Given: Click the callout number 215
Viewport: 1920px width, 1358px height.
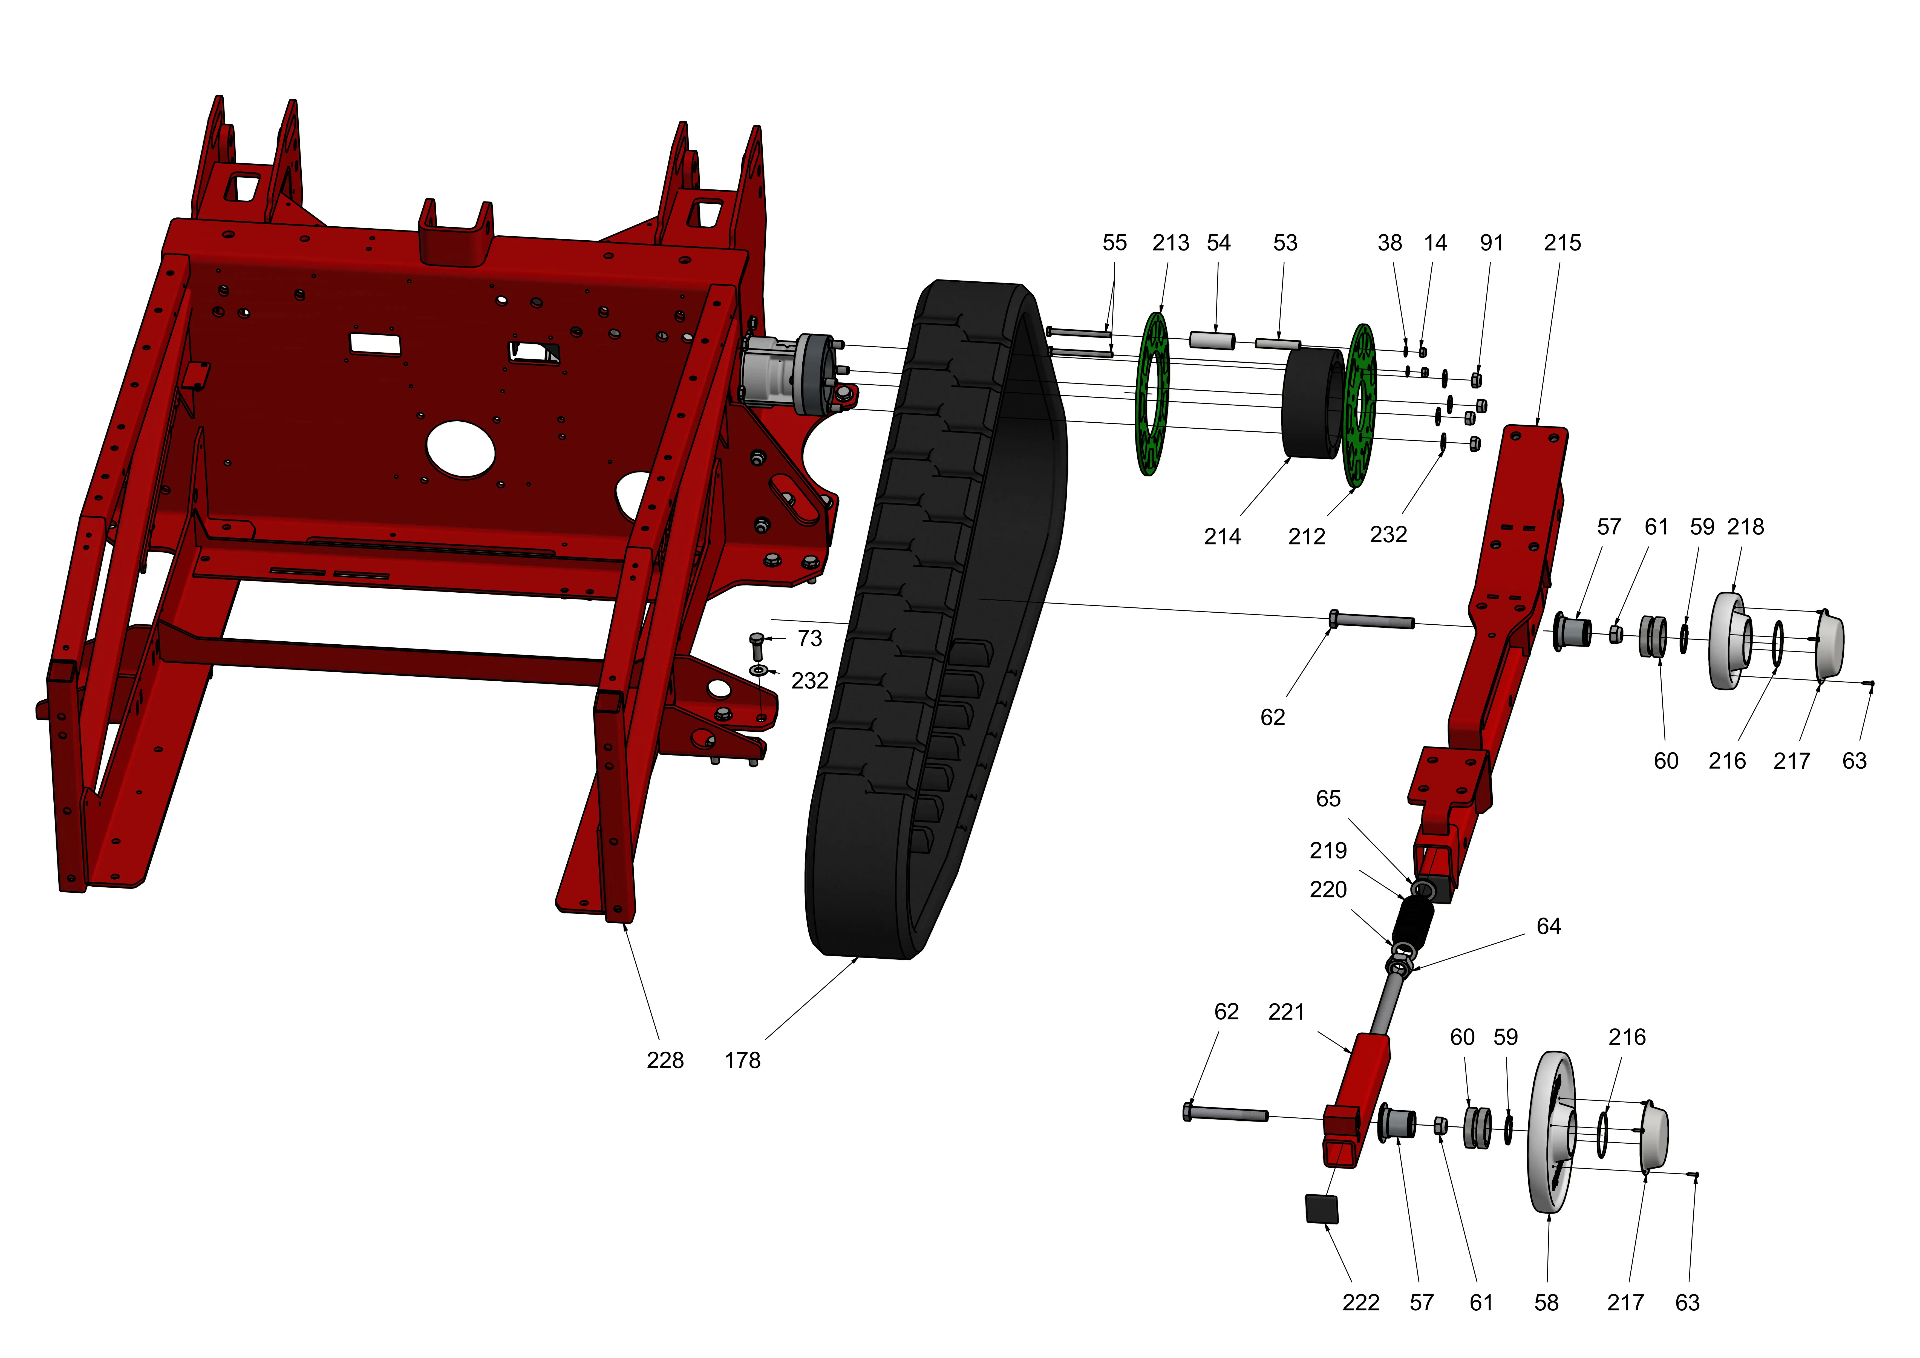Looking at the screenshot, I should (x=1562, y=243).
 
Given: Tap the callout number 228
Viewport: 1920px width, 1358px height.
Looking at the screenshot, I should (x=665, y=1060).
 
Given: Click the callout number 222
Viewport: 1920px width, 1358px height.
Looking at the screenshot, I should (x=1360, y=1303).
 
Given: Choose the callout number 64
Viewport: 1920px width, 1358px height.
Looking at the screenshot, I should (x=1548, y=927).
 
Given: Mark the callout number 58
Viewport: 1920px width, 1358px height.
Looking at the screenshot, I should (x=1546, y=1303).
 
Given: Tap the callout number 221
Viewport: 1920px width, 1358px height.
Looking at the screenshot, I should (x=1286, y=1012).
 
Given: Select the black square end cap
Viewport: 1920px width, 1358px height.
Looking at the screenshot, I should (x=1321, y=1209).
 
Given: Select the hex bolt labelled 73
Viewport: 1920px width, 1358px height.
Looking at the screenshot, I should (x=757, y=645).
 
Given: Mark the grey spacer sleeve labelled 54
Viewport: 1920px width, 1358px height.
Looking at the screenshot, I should (x=1212, y=340).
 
